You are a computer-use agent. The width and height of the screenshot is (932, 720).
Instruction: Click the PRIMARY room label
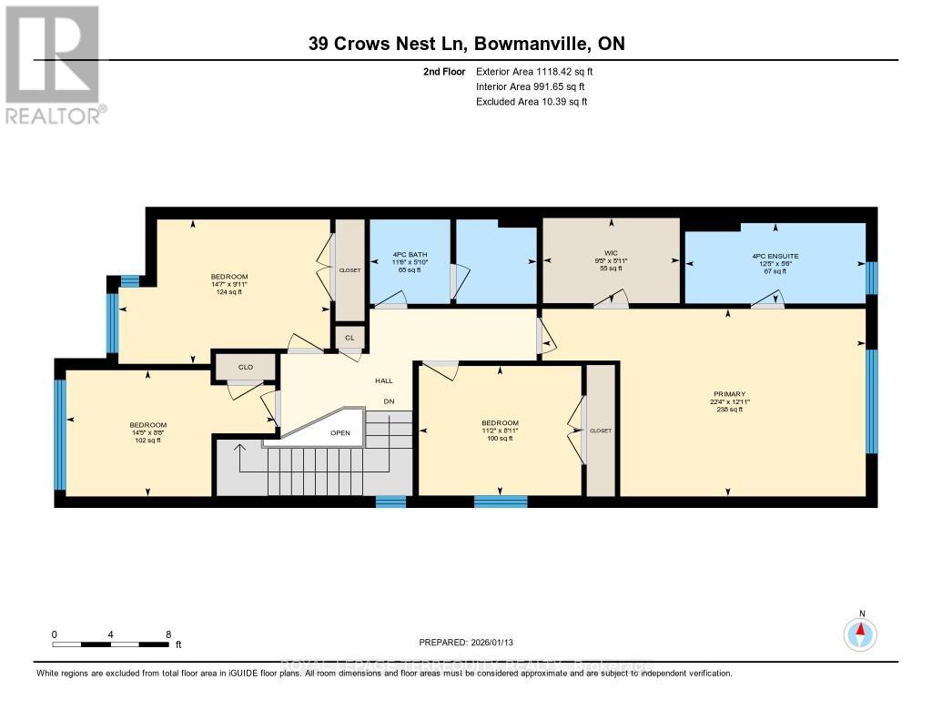[x=729, y=394]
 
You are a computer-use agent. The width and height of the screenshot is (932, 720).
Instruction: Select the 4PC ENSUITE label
[x=775, y=257]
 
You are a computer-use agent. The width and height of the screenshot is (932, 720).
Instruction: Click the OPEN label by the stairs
[x=340, y=433]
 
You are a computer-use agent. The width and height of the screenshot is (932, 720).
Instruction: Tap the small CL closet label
[x=349, y=337]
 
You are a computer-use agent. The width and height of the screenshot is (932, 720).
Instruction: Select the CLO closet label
[x=245, y=368]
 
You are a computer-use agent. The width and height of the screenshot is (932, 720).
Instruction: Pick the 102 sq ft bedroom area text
[x=147, y=441]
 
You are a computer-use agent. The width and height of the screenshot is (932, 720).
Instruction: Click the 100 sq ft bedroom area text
[x=500, y=439]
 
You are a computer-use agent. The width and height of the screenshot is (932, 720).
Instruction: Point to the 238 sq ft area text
[x=729, y=410]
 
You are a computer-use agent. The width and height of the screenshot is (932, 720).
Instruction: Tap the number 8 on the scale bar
[x=168, y=634]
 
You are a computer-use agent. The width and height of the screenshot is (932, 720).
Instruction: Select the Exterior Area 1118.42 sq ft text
[x=536, y=71]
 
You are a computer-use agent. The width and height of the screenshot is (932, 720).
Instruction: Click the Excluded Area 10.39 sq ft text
[x=532, y=102]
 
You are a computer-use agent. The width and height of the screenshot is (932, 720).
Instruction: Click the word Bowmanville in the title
[x=528, y=44]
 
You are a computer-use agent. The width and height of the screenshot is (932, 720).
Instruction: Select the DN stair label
[x=388, y=401]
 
